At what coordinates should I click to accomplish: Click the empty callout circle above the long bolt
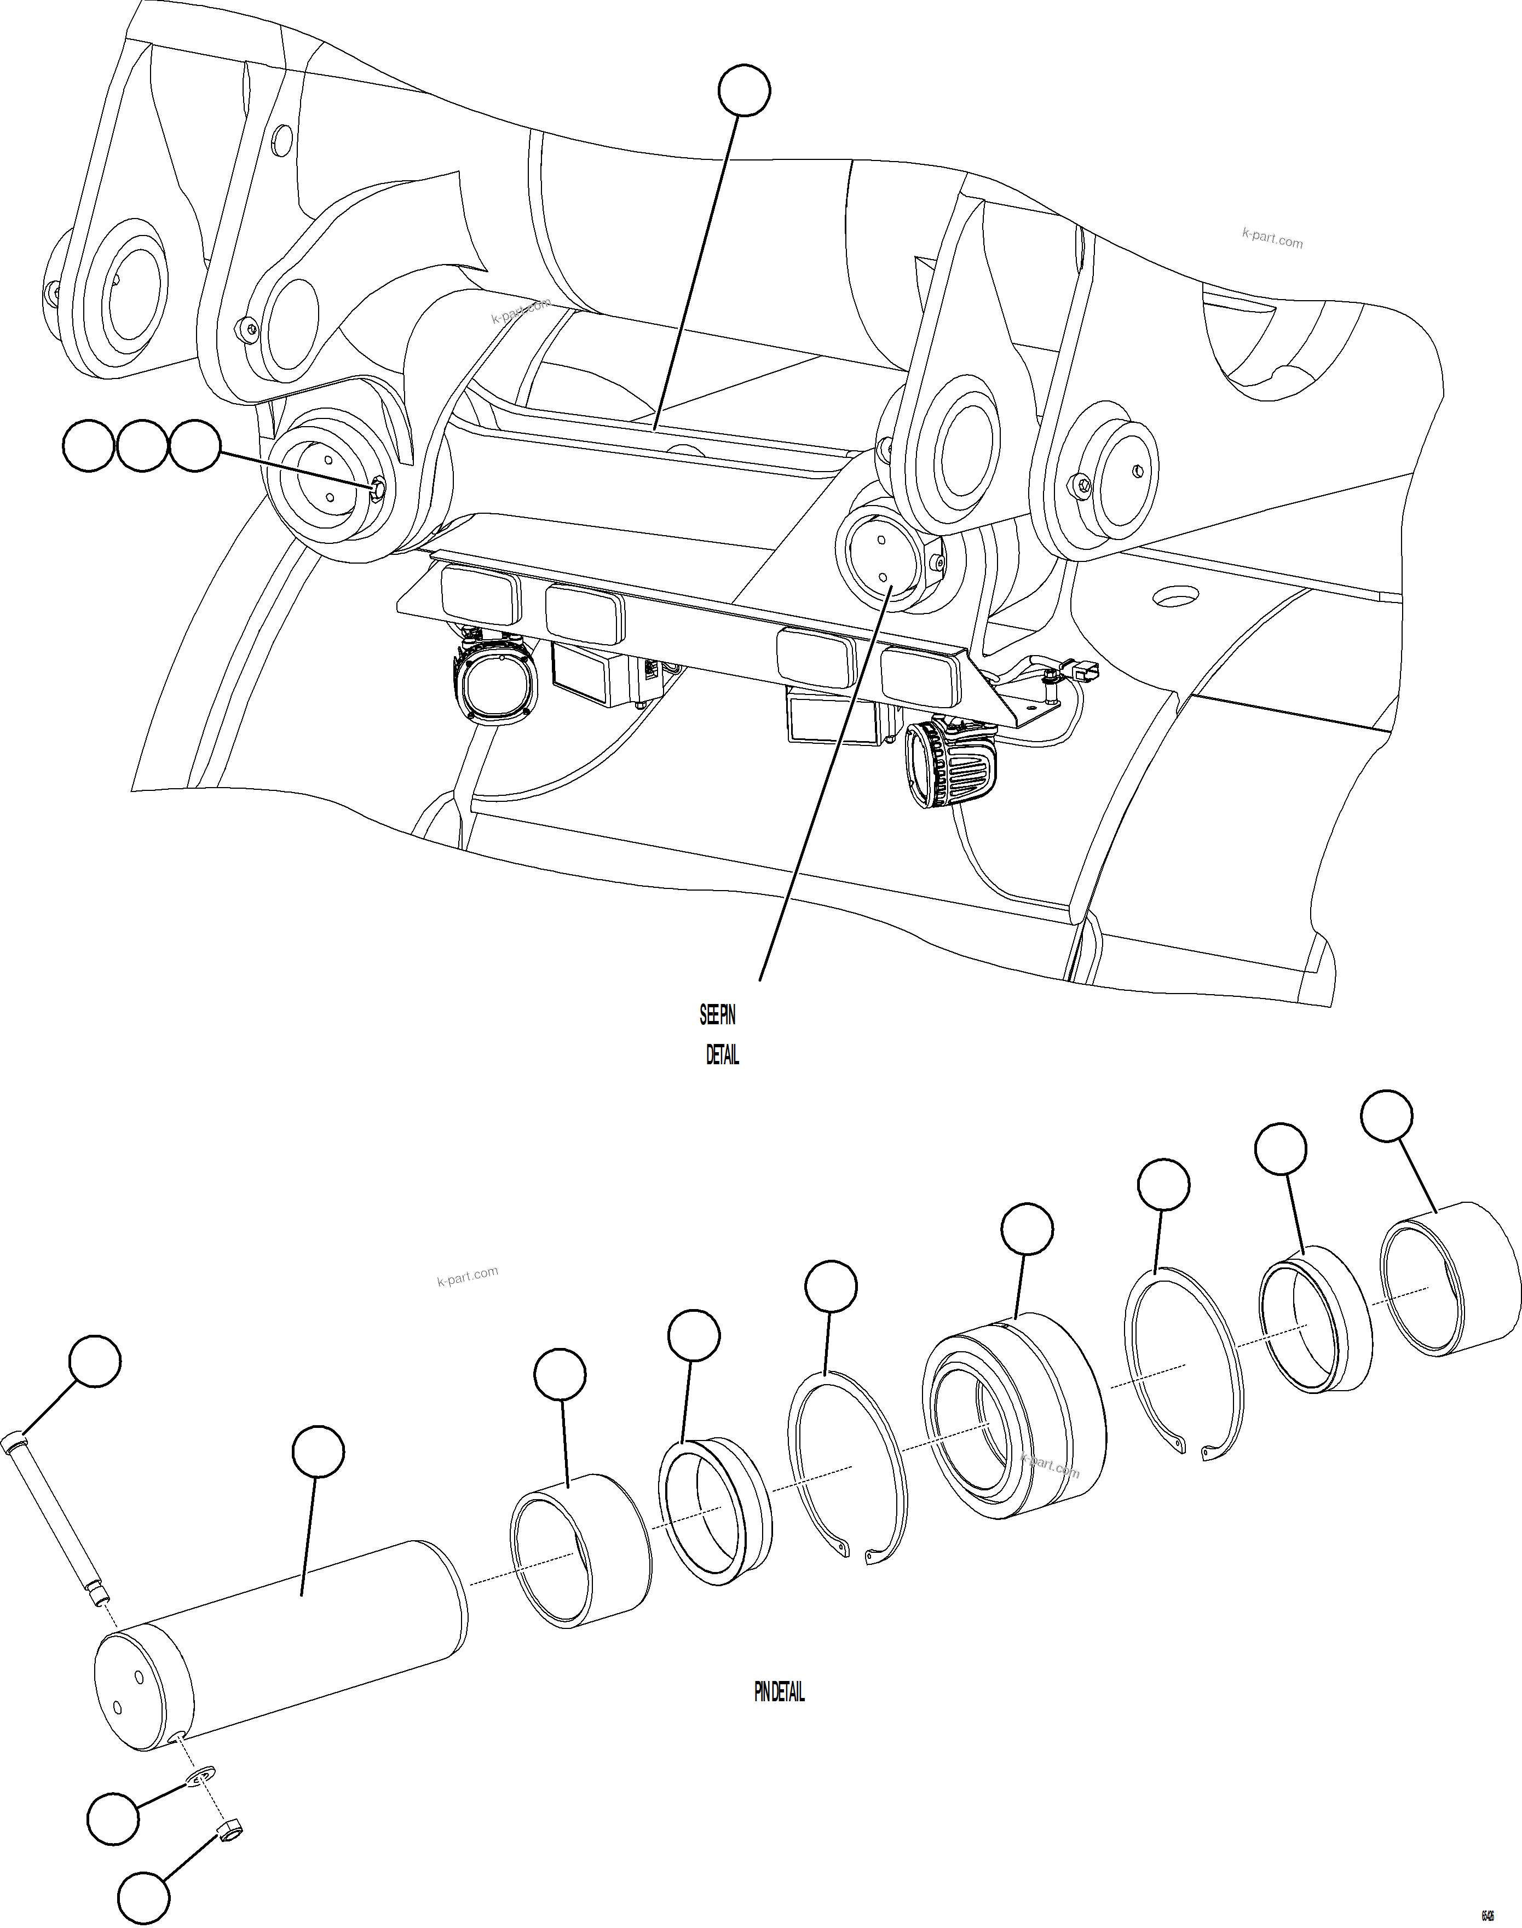(x=95, y=1360)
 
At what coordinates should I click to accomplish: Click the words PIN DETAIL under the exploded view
(x=779, y=1692)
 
